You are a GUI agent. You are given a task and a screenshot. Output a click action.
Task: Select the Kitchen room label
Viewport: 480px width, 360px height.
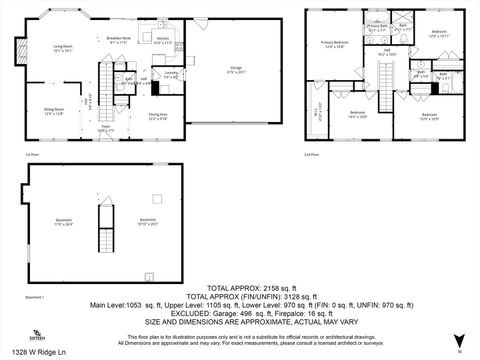click(162, 41)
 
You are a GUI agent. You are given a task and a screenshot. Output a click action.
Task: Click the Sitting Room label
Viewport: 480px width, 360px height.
click(53, 110)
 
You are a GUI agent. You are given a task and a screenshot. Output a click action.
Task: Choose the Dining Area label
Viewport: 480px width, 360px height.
click(158, 116)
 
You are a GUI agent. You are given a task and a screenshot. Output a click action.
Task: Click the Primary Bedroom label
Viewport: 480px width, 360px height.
click(334, 43)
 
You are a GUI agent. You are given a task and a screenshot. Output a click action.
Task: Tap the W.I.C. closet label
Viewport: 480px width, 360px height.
click(316, 113)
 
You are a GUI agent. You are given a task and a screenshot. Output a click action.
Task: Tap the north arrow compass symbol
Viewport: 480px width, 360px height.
click(458, 339)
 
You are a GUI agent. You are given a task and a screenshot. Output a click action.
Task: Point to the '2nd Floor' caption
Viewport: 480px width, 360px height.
click(313, 154)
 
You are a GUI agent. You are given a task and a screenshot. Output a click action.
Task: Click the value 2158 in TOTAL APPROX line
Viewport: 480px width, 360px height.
click(262, 285)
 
